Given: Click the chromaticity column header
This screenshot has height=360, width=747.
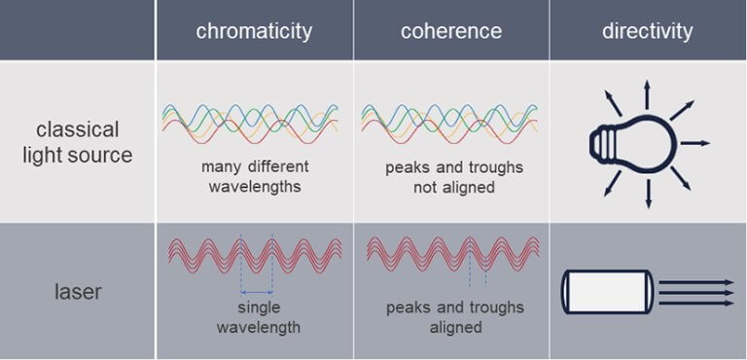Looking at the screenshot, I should [254, 31].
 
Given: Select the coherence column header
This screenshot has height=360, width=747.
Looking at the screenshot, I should [451, 31].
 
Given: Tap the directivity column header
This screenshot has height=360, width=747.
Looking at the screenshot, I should [647, 31].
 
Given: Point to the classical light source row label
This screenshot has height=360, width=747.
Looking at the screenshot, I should [78, 142].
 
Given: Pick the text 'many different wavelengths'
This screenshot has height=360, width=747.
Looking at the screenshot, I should [255, 176].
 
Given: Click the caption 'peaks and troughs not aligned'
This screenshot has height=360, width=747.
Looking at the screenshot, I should [454, 176].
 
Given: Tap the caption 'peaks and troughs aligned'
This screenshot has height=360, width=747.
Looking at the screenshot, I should [454, 317].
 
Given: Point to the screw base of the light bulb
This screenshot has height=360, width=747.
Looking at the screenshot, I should [602, 144].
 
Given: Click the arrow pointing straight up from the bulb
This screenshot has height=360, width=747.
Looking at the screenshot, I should [646, 95].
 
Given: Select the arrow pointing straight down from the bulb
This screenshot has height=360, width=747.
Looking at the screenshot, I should [647, 194].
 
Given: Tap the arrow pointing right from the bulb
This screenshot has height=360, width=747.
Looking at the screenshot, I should [695, 144].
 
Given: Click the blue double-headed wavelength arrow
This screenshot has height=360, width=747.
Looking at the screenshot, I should [256, 291].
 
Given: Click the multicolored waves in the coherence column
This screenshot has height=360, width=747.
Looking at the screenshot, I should [450, 121].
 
